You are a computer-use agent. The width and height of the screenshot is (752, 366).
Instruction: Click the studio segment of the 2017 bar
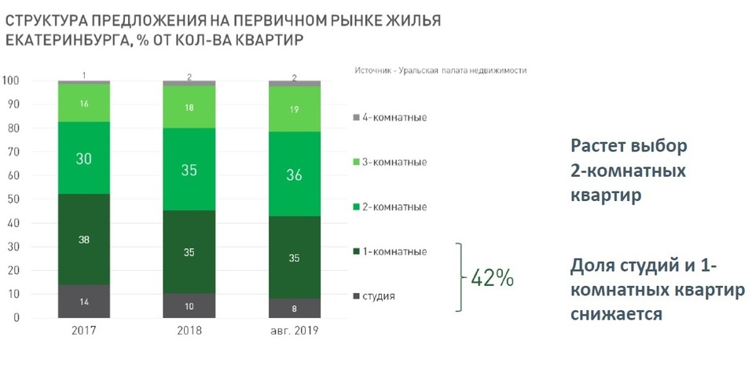[83, 302]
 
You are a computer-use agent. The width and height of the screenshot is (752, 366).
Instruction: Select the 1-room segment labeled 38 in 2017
[83, 240]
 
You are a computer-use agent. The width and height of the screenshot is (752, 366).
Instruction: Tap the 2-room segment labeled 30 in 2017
[83, 159]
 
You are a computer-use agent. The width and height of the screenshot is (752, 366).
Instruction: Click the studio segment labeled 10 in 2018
[189, 306]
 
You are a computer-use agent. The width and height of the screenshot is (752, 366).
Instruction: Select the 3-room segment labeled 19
[295, 109]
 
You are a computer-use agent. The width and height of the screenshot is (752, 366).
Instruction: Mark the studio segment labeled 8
[295, 308]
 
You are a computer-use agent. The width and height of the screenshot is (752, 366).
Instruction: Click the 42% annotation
[492, 277]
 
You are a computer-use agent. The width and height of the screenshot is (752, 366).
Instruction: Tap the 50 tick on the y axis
[13, 199]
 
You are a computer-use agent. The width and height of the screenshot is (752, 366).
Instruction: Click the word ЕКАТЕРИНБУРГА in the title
[59, 39]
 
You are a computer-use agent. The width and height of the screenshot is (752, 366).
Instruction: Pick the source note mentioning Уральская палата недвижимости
[440, 69]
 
